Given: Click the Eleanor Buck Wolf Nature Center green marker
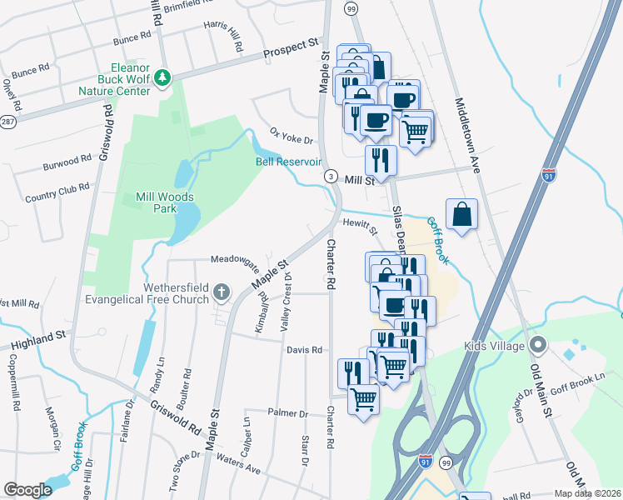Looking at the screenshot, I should coord(163,78).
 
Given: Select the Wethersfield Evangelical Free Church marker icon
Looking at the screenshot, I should coord(221,292).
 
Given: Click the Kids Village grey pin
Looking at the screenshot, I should coord(539,344).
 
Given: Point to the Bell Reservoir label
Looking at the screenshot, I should coord(288,162).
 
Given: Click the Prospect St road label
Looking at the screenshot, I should coord(292,47).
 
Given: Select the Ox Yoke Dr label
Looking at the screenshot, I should coord(291,135).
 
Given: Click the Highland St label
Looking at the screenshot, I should coord(37,338).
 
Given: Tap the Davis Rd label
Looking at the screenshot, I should coord(304,351).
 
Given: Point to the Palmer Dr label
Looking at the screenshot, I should coord(288,413).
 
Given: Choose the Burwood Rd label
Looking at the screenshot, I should coord(67,161).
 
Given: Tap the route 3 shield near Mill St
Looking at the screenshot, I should coord(331,177).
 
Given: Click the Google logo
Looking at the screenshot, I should coord(27,490).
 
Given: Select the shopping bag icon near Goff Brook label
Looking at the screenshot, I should coord(462,215).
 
